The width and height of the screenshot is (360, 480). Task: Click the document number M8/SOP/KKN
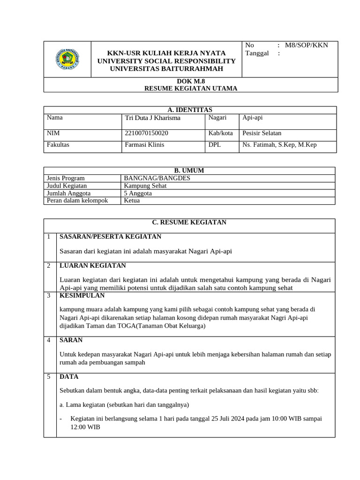click(307, 45)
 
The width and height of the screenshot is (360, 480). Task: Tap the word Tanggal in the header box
click(257, 53)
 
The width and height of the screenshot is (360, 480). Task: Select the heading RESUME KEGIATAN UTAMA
click(190, 88)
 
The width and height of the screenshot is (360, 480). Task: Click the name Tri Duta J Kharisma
click(152, 118)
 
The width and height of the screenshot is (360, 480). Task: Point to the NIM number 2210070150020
click(147, 133)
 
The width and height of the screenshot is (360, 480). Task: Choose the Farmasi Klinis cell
click(144, 145)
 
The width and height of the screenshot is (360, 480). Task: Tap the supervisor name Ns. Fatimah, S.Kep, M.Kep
click(279, 145)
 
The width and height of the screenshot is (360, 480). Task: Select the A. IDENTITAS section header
click(190, 110)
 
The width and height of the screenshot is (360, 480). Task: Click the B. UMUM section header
click(189, 171)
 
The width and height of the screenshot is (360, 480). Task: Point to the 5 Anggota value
click(137, 193)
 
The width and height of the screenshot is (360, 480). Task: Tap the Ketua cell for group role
click(132, 201)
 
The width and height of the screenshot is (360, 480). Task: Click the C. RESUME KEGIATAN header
click(190, 222)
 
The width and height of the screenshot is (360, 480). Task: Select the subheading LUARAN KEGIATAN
click(92, 265)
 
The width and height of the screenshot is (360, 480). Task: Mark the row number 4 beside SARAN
click(49, 340)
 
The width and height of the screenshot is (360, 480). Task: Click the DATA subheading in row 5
click(69, 376)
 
